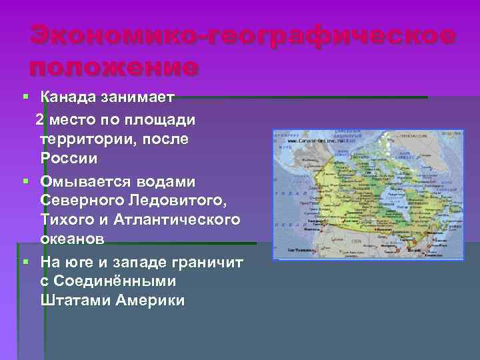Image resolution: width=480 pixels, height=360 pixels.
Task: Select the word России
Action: coord(69,159)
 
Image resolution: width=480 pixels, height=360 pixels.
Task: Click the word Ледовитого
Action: coord(175,201)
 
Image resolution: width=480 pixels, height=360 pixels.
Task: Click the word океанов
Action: coord(72,239)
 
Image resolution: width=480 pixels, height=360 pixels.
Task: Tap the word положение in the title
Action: coord(113,67)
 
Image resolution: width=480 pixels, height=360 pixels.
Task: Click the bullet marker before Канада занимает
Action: coord(25,98)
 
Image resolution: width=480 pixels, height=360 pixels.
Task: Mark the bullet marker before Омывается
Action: coord(25,181)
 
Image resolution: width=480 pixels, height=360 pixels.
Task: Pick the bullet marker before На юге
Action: coord(25,261)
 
